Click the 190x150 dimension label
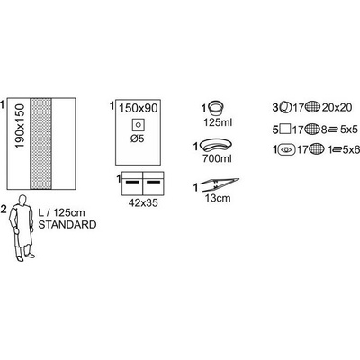pos(20,126)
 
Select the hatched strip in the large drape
pos(40,143)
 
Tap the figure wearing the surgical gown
pos(22,228)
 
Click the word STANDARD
pos(67,225)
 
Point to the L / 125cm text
pos(61,212)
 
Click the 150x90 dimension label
pos(139,108)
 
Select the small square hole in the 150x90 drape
pos(139,125)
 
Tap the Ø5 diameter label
pos(138,139)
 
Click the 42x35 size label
pos(143,202)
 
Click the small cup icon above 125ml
pos(216,109)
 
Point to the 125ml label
pos(218,122)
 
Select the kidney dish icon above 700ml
pos(217,146)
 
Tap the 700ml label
pos(217,158)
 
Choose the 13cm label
pos(218,198)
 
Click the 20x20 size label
pos(337,107)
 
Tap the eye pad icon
pos(287,149)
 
